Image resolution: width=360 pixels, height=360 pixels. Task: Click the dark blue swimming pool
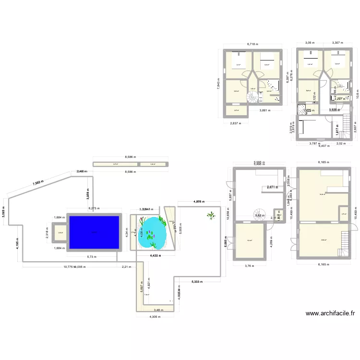pyautogui.click(x=94, y=232)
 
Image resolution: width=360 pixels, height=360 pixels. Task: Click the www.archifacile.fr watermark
pyautogui.click(x=330, y=313)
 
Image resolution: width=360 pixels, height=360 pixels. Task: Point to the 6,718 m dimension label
pyautogui.click(x=252, y=44)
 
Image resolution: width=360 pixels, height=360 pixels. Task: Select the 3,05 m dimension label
pyautogui.click(x=311, y=44)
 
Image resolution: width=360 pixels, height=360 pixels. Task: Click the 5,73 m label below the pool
pyautogui.click(x=94, y=256)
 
